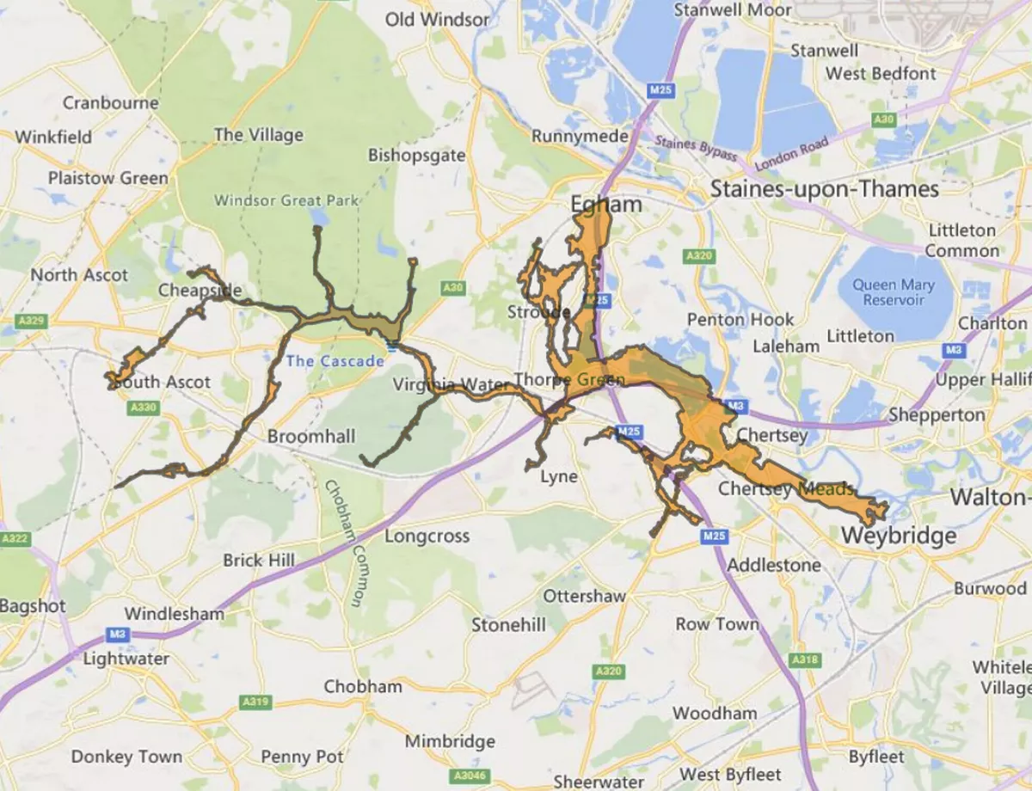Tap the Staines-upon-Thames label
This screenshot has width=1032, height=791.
click(x=825, y=188)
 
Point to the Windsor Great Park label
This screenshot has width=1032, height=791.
click(x=286, y=200)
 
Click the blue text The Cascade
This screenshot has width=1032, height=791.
click(x=335, y=361)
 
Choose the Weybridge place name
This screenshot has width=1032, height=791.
click(x=898, y=536)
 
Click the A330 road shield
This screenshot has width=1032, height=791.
click(x=142, y=407)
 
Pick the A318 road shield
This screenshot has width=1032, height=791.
click(x=804, y=659)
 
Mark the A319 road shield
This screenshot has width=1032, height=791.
click(x=255, y=702)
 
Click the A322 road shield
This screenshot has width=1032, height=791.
click(x=15, y=539)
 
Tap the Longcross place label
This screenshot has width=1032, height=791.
click(x=427, y=537)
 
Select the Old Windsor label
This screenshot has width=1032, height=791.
click(x=437, y=19)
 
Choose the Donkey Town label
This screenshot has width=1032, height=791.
click(x=126, y=757)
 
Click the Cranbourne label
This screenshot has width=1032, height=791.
click(x=110, y=103)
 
